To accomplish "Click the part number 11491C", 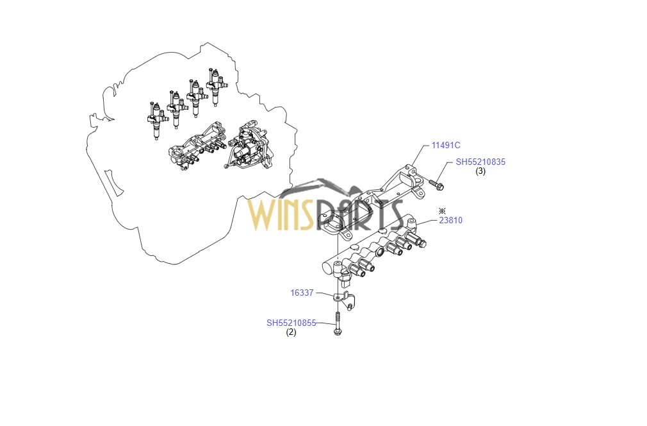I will [x=446, y=146].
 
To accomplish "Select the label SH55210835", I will [x=480, y=162].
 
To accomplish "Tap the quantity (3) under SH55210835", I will [x=480, y=171].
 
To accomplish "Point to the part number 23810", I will [x=450, y=221].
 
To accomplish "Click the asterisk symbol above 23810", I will [x=442, y=210].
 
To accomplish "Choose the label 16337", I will [x=302, y=293].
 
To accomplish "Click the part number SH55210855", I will [x=291, y=323].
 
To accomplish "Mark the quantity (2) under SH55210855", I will [x=291, y=332].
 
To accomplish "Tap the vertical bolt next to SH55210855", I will [x=337, y=324].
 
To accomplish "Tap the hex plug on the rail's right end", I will [x=422, y=244].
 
